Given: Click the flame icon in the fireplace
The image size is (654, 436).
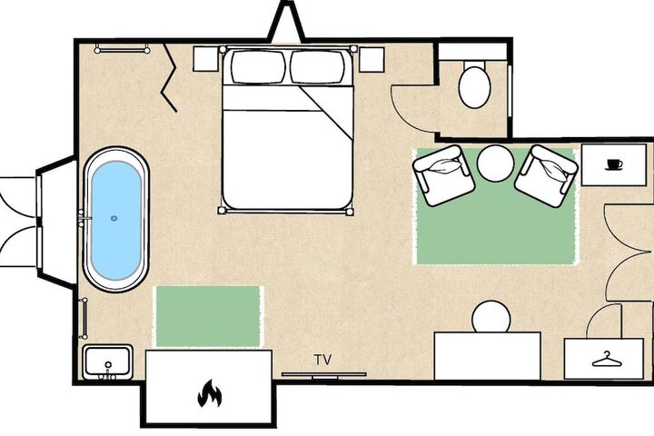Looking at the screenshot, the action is pyautogui.click(x=210, y=393).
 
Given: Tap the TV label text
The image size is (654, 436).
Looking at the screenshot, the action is pyautogui.click(x=322, y=360).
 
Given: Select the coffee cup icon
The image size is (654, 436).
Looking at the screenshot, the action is pyautogui.click(x=614, y=164).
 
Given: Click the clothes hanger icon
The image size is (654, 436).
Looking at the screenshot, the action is pyautogui.click(x=607, y=359).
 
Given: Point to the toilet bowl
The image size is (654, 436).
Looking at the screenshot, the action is pyautogui.click(x=474, y=87).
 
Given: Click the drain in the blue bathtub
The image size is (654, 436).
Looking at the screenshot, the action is pyautogui.click(x=114, y=218).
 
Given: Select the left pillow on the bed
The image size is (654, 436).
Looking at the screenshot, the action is pyautogui.click(x=258, y=66).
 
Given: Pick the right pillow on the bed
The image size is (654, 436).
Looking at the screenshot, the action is pyautogui.click(x=317, y=66).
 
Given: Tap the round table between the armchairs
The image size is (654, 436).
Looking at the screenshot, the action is pyautogui.click(x=496, y=163).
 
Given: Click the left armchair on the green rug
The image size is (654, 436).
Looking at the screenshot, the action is pyautogui.click(x=444, y=175).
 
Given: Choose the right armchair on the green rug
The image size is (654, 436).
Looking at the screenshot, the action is pyautogui.click(x=547, y=175).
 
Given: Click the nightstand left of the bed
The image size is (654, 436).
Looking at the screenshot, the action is pyautogui.click(x=205, y=59).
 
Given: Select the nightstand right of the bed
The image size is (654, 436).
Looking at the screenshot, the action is pyautogui.click(x=372, y=59).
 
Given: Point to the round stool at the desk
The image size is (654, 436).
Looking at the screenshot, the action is pyautogui.click(x=491, y=317).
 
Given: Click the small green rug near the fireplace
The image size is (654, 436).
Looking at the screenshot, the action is pyautogui.click(x=208, y=316).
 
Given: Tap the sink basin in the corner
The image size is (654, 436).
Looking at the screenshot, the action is pyautogui.click(x=107, y=362).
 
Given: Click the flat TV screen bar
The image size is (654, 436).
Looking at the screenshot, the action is pyautogui.click(x=324, y=374).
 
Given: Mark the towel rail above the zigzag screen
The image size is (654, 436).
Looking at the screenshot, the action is pyautogui.click(x=123, y=50).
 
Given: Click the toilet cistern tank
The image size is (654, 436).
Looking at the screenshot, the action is pyautogui.click(x=472, y=51).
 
